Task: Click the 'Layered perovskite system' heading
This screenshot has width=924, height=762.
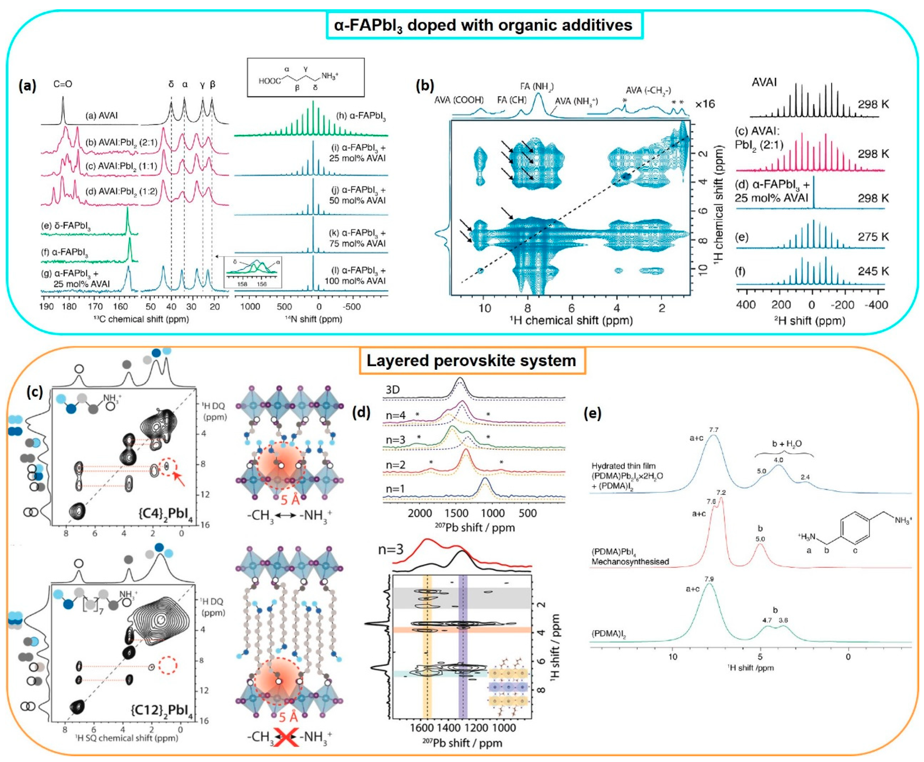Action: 471,361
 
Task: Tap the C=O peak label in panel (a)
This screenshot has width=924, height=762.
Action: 63,84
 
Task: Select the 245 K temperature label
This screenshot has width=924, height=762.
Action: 873,271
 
